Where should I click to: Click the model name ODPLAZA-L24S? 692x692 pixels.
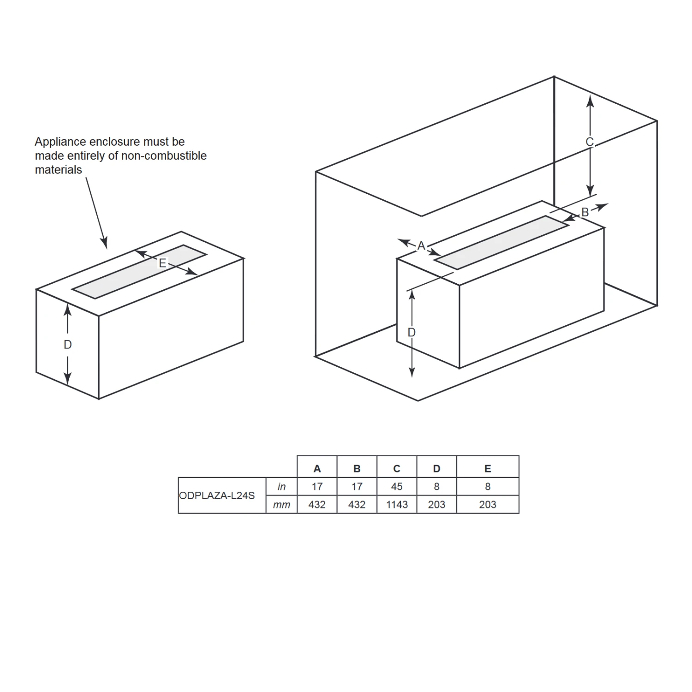[x=217, y=495]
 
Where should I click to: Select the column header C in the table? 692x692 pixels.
[x=397, y=469]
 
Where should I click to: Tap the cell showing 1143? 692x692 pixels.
[x=397, y=505]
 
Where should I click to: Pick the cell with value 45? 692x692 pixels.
[x=397, y=487]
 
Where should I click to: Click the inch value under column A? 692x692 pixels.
[x=317, y=487]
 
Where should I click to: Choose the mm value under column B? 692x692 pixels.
[x=357, y=505]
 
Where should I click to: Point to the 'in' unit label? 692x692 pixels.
[x=281, y=487]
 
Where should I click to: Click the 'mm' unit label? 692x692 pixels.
[x=281, y=505]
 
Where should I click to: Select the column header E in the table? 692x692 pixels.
[x=488, y=469]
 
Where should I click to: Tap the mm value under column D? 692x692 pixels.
[x=436, y=505]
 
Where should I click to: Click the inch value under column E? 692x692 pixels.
[x=488, y=487]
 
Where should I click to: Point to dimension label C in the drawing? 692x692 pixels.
[x=590, y=142]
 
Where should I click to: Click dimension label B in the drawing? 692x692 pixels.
[x=585, y=212]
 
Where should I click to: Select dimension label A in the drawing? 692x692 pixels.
[x=421, y=246]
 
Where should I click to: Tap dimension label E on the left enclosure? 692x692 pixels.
[x=162, y=263]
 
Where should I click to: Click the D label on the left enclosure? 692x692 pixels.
[x=68, y=345]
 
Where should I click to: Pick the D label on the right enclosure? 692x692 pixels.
[x=412, y=332]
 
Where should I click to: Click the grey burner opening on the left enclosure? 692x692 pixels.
[x=138, y=272]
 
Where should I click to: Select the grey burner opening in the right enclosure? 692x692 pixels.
[x=501, y=242]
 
